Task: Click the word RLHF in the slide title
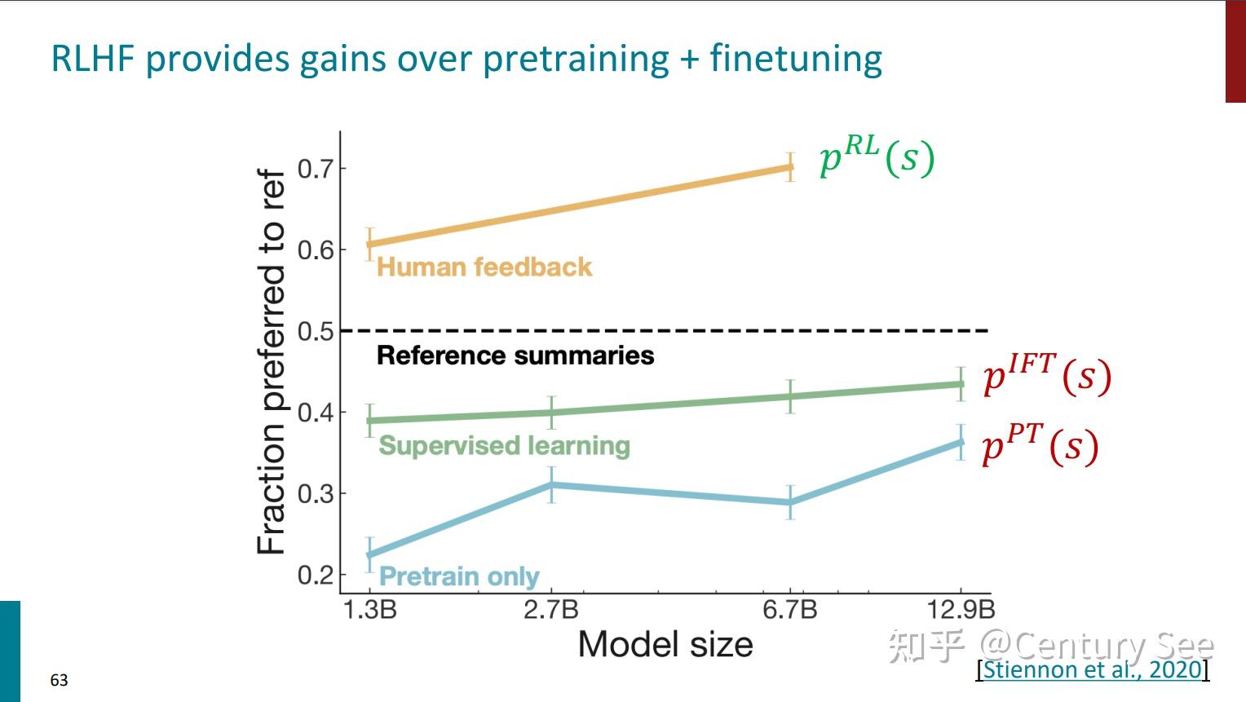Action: pos(93,59)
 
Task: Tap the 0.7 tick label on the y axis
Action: pos(316,169)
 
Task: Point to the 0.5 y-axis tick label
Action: pos(316,332)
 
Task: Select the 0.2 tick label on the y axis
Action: pos(316,575)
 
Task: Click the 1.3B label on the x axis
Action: pos(370,610)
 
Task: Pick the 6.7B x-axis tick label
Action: pos(790,610)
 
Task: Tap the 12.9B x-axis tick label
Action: pos(961,610)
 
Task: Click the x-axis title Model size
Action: pos(665,645)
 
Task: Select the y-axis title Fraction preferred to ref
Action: pos(271,361)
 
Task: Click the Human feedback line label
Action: pos(484,267)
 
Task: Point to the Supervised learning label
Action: pos(504,446)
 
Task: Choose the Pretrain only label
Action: pos(459,576)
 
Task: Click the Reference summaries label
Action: pos(515,355)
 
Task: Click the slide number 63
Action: pos(59,680)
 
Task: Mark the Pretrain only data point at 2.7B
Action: pos(551,485)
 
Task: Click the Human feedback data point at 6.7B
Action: pos(790,167)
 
